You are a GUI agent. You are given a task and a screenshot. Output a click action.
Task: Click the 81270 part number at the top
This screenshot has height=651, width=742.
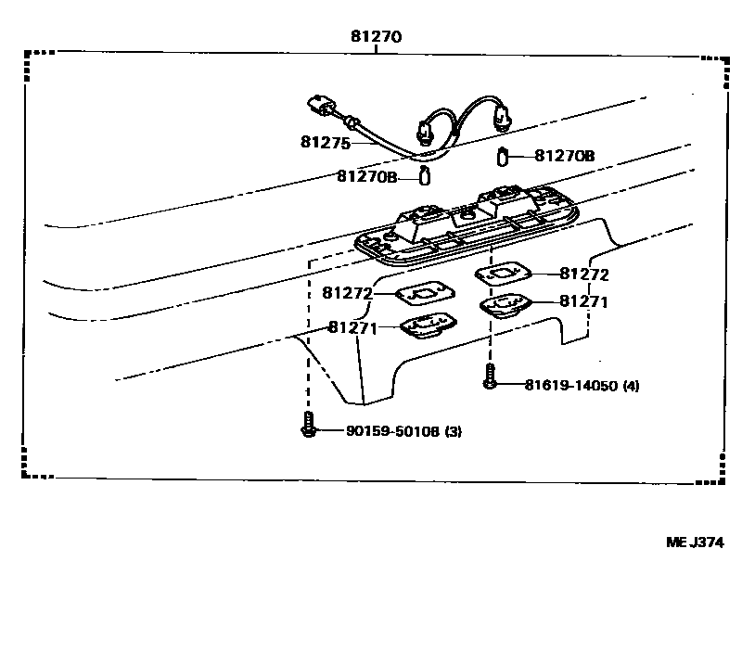(376, 38)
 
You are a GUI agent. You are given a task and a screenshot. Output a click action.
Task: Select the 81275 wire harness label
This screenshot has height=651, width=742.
(325, 142)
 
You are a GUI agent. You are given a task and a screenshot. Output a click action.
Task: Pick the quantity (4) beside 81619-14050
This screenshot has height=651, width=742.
(632, 385)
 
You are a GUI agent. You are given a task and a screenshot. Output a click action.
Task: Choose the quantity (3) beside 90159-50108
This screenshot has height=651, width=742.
(454, 431)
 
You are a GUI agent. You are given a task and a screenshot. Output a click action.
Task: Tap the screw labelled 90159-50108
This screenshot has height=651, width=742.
(308, 426)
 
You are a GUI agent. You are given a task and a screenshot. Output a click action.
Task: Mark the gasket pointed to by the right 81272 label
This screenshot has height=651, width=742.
(501, 274)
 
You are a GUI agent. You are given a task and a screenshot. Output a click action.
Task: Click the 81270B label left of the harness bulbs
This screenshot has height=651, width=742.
(366, 176)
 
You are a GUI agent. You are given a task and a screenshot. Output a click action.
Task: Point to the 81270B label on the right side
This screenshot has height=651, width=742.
(565, 158)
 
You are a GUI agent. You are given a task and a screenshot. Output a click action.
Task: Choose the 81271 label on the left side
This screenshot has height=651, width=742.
(352, 327)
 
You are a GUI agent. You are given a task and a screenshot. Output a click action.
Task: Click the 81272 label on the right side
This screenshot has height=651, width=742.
(584, 274)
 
